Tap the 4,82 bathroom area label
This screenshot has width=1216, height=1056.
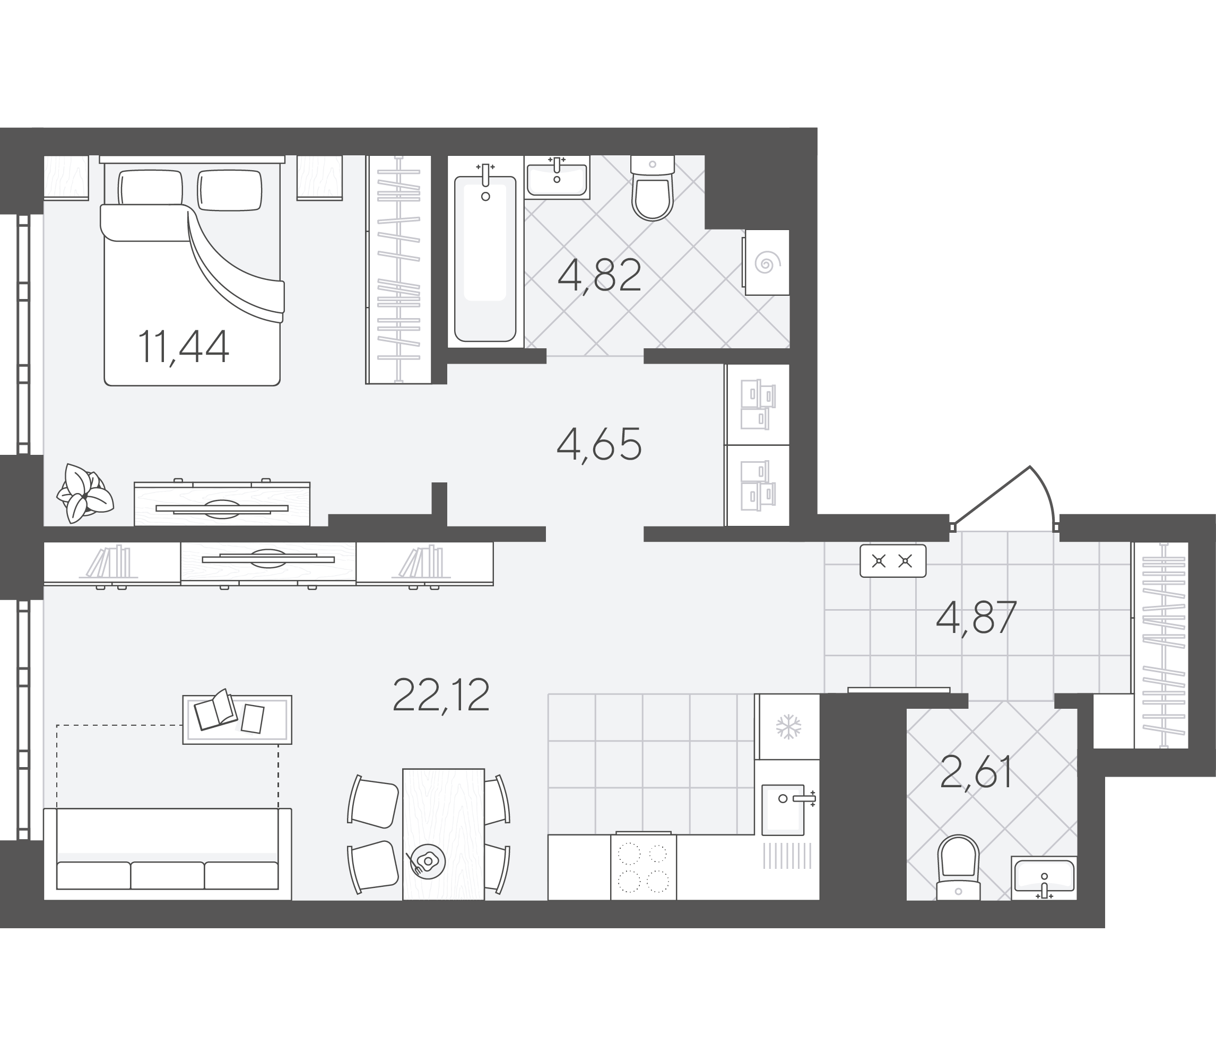click(599, 275)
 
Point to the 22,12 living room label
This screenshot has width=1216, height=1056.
click(440, 696)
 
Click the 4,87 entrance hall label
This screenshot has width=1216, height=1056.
click(977, 618)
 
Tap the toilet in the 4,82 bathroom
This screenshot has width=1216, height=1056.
click(652, 187)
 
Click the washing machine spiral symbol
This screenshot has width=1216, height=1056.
click(765, 263)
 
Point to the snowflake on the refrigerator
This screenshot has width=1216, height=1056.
click(788, 727)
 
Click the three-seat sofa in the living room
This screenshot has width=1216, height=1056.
click(168, 854)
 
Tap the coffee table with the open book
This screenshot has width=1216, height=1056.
click(237, 719)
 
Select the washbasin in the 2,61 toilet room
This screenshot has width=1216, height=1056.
click(1044, 878)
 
